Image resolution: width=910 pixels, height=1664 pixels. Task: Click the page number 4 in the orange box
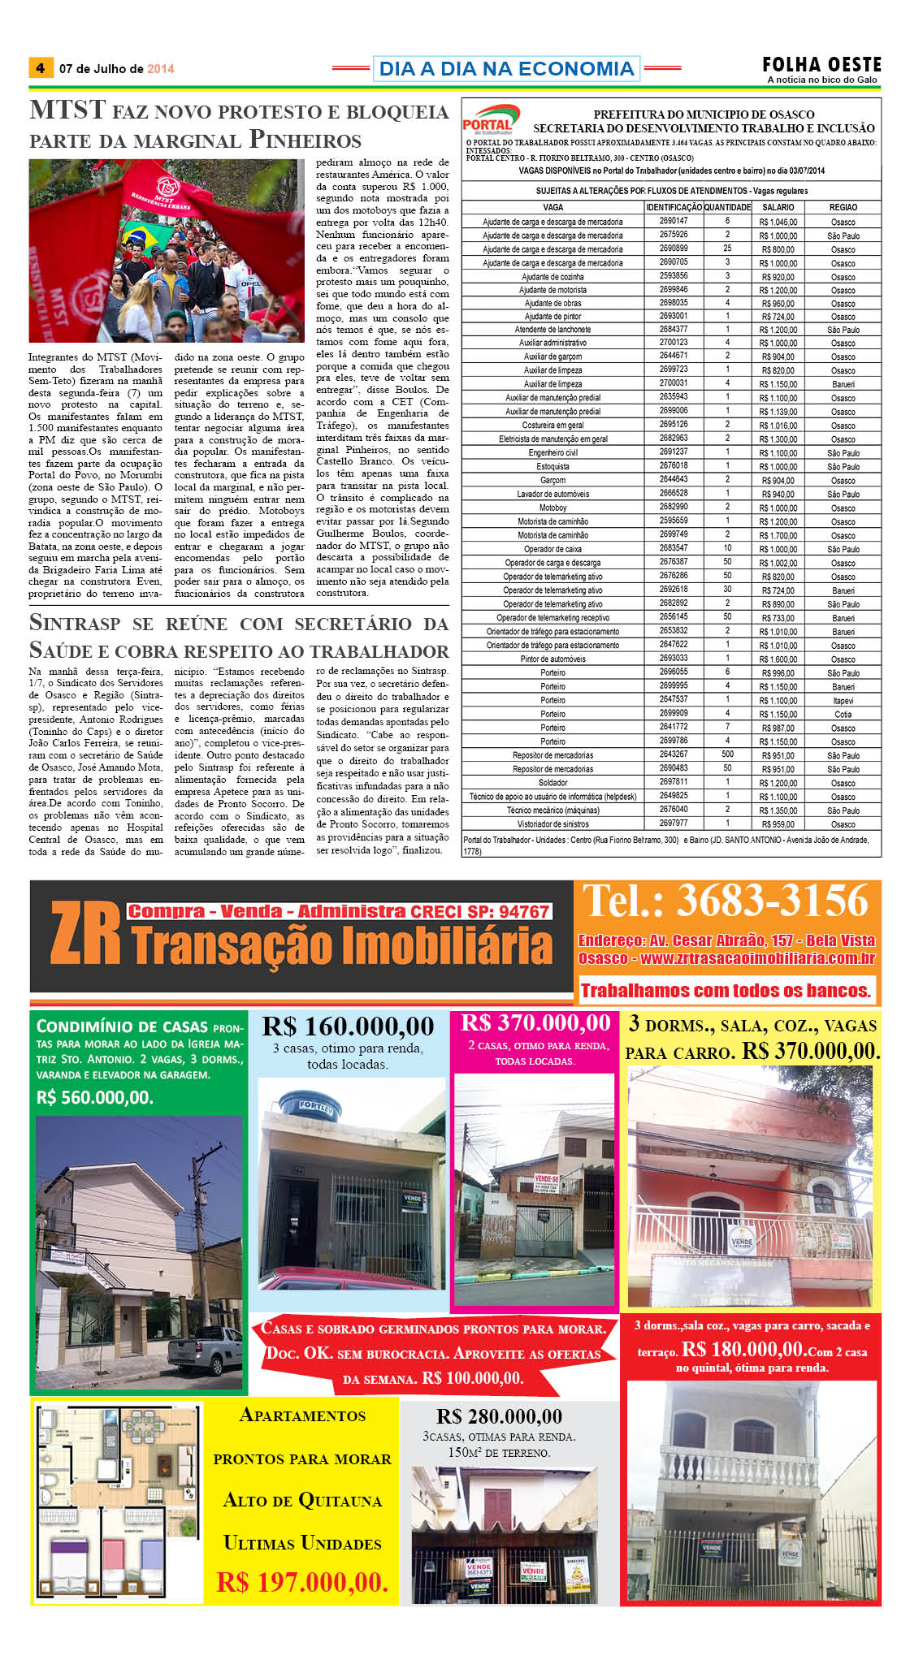point(41,68)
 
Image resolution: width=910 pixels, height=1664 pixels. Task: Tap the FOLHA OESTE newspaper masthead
point(821,65)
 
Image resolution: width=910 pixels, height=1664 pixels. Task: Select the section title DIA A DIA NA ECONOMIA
point(506,69)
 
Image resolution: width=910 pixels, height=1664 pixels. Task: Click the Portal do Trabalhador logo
point(489,120)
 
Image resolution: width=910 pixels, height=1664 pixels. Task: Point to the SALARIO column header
point(778,207)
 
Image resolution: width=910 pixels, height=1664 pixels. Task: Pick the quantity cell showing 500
point(727,755)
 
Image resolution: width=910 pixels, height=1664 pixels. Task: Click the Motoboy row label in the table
point(552,508)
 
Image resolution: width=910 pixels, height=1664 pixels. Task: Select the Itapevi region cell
point(843,701)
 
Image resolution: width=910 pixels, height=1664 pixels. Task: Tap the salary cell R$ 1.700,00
point(778,536)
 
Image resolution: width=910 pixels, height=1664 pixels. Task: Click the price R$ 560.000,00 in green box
point(95,1097)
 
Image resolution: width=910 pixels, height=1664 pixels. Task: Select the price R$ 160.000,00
point(348,1026)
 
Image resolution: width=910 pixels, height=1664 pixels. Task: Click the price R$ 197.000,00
point(302,1581)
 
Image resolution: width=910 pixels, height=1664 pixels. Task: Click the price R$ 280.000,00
point(499,1416)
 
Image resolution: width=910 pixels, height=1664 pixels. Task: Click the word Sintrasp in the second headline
point(75,624)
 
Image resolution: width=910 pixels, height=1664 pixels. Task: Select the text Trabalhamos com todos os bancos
point(726,991)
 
